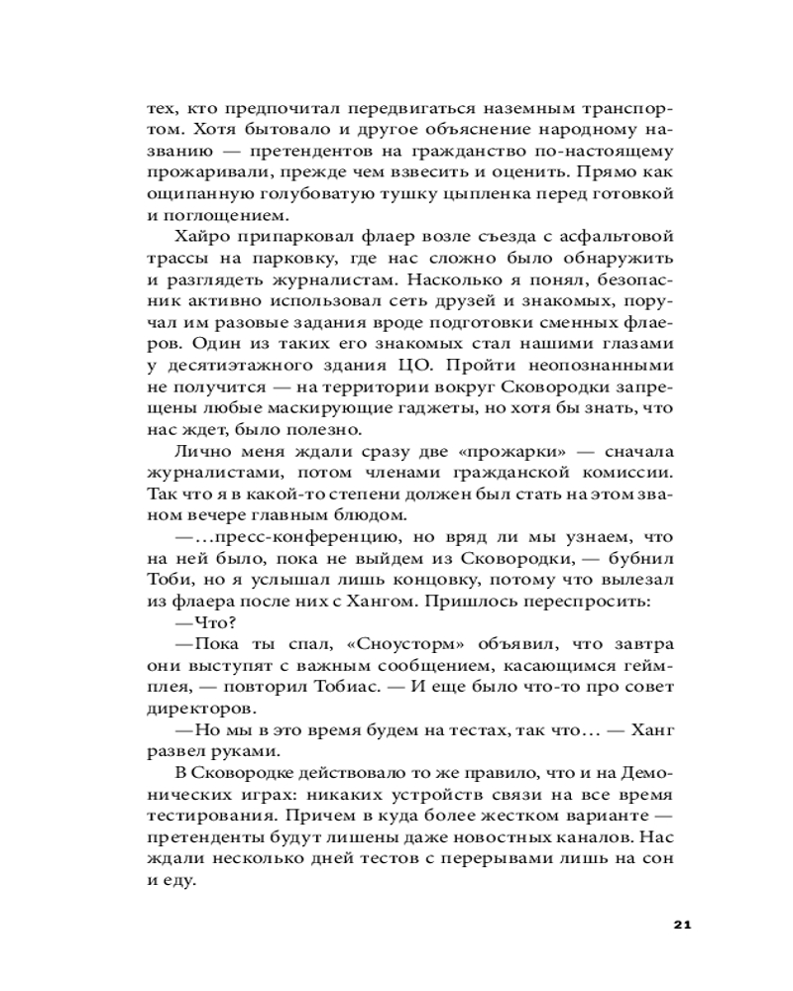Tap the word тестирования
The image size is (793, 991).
[x=203, y=814]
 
